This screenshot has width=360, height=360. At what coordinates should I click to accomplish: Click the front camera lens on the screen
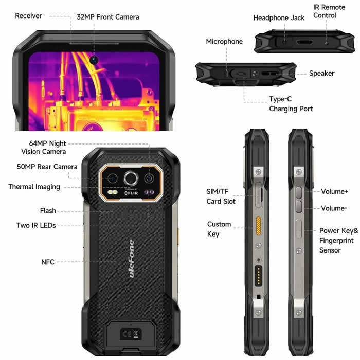pyautogui.click(x=94, y=60)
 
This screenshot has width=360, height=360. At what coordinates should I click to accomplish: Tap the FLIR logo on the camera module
pyautogui.click(x=131, y=193)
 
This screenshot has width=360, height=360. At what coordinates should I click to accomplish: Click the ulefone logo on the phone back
pyautogui.click(x=131, y=259)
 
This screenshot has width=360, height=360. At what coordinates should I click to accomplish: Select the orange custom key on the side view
pyautogui.click(x=258, y=225)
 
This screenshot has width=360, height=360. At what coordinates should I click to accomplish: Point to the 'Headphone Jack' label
pyautogui.click(x=279, y=18)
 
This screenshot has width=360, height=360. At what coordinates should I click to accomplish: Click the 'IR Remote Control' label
pyautogui.click(x=329, y=11)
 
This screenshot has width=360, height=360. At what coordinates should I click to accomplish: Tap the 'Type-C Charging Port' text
pyautogui.click(x=291, y=104)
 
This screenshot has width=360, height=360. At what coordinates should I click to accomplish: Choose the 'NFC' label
pyautogui.click(x=48, y=262)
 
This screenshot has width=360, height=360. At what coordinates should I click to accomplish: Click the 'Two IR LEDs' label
pyautogui.click(x=36, y=225)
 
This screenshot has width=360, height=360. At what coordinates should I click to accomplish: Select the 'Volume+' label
pyautogui.click(x=334, y=191)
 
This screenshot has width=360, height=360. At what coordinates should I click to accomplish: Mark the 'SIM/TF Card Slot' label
pyautogui.click(x=221, y=196)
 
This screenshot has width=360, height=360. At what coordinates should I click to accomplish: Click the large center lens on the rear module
pyautogui.click(x=131, y=178)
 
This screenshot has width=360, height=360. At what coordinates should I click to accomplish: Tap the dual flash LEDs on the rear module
pyautogui.click(x=113, y=192)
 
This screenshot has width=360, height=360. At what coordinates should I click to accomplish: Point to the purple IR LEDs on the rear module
pyautogui.click(x=149, y=192)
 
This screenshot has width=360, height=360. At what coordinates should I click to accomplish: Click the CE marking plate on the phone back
pyautogui.click(x=131, y=334)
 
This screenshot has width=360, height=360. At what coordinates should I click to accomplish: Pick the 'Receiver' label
pyautogui.click(x=28, y=16)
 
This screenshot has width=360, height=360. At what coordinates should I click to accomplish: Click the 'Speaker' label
pyautogui.click(x=321, y=74)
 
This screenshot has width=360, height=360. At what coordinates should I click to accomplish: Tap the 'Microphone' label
pyautogui.click(x=224, y=42)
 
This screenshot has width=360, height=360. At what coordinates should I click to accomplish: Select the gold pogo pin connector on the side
pyautogui.click(x=258, y=276)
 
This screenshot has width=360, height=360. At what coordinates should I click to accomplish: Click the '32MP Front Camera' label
pyautogui.click(x=108, y=17)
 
